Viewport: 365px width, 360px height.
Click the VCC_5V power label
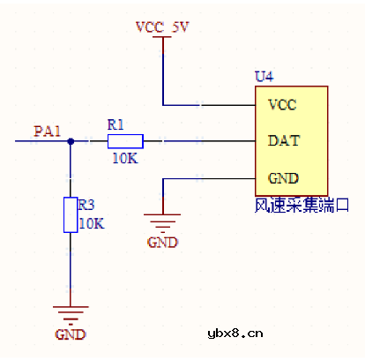[162, 26]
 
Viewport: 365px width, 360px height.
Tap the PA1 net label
[48, 131]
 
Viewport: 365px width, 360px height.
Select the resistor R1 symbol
[124, 141]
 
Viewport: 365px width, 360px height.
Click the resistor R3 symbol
[71, 215]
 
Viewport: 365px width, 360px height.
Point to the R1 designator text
[116, 124]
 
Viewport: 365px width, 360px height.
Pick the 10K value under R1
[124, 159]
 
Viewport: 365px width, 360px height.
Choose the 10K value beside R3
[92, 223]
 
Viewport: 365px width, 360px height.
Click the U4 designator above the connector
[264, 77]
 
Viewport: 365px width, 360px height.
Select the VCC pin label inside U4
[282, 104]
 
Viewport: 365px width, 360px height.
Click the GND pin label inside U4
[282, 177]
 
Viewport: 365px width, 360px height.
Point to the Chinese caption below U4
[302, 206]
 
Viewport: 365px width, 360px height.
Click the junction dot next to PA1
[71, 141]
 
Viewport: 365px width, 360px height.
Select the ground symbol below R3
[71, 312]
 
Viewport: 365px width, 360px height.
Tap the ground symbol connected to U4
[163, 219]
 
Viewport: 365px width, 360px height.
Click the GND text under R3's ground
[71, 334]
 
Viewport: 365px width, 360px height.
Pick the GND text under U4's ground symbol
[163, 242]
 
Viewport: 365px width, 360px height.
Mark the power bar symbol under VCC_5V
[163, 39]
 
